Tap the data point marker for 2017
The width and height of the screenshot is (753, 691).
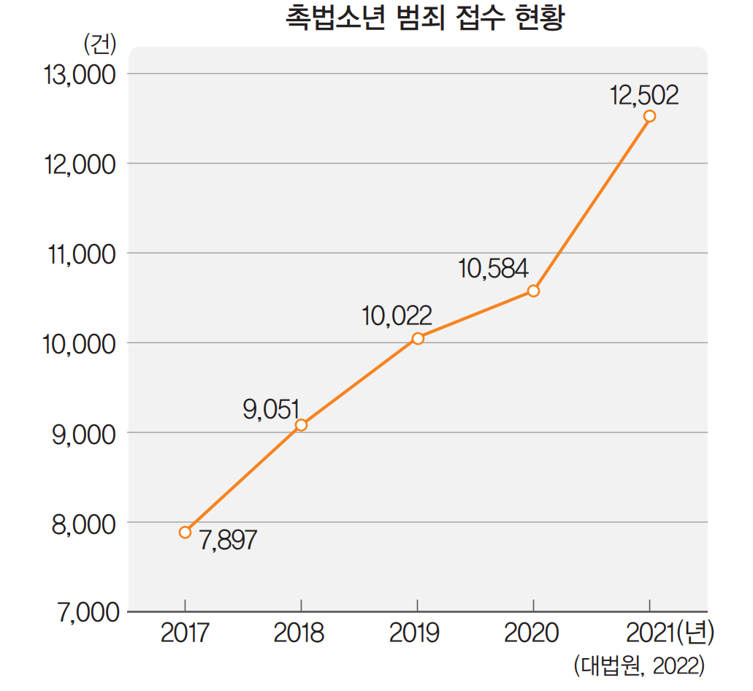pos(185,532)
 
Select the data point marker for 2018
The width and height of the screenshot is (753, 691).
pos(301,425)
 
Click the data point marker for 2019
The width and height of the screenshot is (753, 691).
pos(417,338)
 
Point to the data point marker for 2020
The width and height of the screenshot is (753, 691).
pos(533,291)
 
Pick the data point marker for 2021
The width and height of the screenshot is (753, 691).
pos(649,116)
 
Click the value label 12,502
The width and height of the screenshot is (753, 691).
pos(645,95)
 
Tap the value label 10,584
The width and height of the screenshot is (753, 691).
pos(493,269)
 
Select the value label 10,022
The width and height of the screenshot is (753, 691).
pos(397,316)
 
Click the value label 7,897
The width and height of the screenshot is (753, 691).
pos(227,541)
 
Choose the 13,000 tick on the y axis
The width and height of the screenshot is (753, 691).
pos(80,75)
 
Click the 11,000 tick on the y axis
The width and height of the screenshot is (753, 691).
pos(80,255)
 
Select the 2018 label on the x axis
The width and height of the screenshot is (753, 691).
pos(299,633)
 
